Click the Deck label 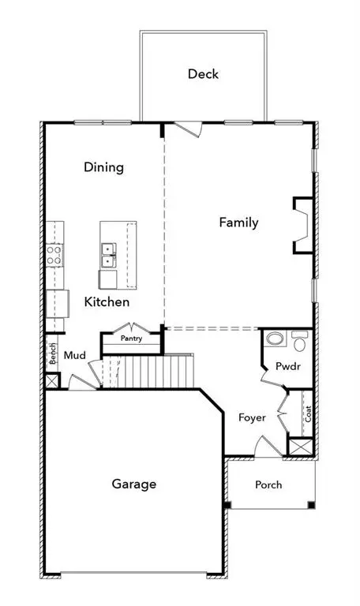point(203,74)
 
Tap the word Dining point(104,167)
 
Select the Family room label point(238,223)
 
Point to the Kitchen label point(107,301)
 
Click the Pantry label point(131,339)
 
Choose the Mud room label point(75,356)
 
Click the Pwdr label point(284,366)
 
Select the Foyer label point(252,417)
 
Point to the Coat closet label point(309,413)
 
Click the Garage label point(133,484)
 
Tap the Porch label point(268,484)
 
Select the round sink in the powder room point(275,340)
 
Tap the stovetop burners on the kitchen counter point(54,254)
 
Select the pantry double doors point(130,326)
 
